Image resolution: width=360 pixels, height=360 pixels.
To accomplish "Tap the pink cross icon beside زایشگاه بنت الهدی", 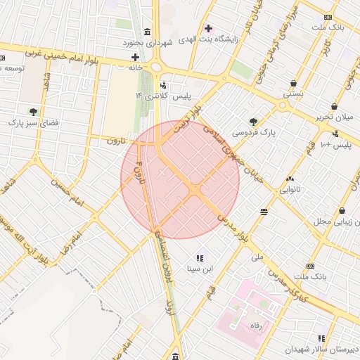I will click(x=207, y=28).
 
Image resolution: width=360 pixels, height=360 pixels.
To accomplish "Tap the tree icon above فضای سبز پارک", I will click(x=33, y=111).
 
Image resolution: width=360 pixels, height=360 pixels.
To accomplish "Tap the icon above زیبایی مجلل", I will click(x=342, y=210).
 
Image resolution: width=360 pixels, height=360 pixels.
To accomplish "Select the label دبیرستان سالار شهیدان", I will click(x=322, y=349).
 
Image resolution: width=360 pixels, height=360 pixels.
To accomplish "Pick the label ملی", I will click(x=257, y=257).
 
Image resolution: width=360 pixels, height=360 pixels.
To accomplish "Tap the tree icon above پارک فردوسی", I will click(x=253, y=121).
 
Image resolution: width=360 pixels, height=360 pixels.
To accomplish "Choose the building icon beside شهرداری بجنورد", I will click(x=146, y=33).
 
